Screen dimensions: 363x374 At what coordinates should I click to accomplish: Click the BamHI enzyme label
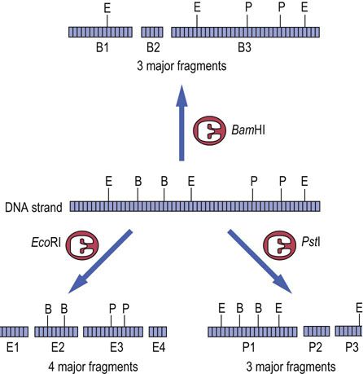(x=248, y=130)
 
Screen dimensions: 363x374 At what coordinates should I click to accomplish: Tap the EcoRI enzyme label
(x=46, y=243)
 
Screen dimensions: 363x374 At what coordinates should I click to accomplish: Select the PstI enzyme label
(x=311, y=241)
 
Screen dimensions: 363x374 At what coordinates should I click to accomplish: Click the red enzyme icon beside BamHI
(x=209, y=130)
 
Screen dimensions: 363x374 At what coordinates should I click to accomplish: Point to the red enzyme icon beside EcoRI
(x=82, y=245)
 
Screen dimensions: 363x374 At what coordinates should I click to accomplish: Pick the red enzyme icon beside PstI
(x=280, y=245)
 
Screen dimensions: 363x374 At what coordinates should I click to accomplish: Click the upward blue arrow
(x=181, y=123)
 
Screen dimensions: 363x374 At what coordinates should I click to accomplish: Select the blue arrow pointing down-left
(x=100, y=262)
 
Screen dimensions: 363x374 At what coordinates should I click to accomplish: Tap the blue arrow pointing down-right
(x=260, y=262)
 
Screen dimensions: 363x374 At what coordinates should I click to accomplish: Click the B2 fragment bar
(x=152, y=32)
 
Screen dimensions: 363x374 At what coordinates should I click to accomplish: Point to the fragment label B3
(x=244, y=48)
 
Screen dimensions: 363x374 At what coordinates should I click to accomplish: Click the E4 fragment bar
(x=158, y=332)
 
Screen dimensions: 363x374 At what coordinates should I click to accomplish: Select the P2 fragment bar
(x=317, y=332)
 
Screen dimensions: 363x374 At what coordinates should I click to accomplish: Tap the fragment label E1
(x=13, y=347)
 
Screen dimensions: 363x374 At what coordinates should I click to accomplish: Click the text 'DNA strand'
(x=33, y=208)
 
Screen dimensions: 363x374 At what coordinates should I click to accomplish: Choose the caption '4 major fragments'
(x=93, y=367)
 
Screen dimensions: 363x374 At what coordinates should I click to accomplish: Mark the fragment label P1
(x=248, y=347)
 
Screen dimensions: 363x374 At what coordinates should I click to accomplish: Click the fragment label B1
(x=103, y=48)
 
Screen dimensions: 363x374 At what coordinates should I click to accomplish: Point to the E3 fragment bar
(x=113, y=332)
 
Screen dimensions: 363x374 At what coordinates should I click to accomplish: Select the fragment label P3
(x=352, y=347)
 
